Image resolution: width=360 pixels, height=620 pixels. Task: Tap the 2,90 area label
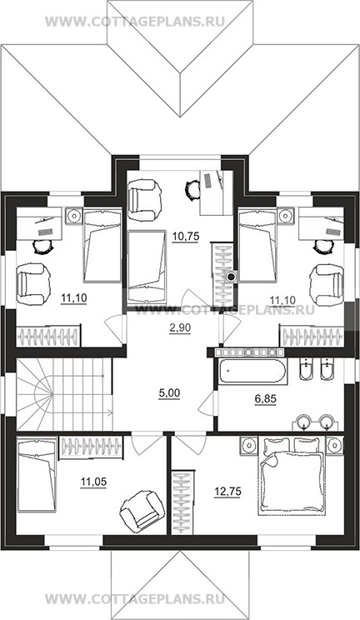coord(173,327)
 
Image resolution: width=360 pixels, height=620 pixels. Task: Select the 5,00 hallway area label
coord(169,393)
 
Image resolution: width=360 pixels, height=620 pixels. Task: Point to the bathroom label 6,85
coord(265,399)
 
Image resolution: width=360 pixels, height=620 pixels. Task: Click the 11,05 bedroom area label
coord(93,482)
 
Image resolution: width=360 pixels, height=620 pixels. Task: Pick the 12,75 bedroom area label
coord(227,492)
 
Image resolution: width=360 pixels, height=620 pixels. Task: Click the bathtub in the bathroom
coord(251,372)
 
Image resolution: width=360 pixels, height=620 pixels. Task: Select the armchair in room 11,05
coord(142,509)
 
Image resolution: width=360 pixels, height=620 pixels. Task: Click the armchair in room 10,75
coord(145,200)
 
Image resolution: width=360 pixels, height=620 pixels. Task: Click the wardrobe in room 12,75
coord(183,501)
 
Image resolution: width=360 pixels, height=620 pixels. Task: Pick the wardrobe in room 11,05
coord(91,447)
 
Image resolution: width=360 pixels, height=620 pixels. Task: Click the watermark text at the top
coord(135,21)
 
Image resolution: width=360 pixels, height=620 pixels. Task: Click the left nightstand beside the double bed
coord(249,445)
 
